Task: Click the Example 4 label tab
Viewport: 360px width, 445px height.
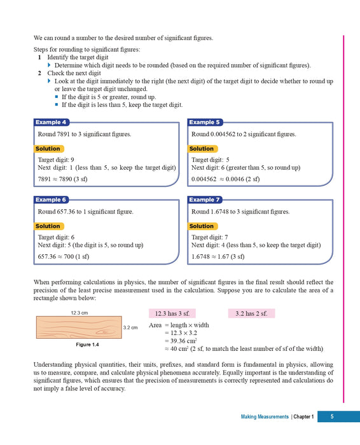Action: [52, 123]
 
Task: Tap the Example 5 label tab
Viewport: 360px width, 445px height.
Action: [205, 123]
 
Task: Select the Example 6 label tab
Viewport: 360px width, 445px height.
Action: [52, 200]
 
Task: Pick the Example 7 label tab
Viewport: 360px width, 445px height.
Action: [205, 200]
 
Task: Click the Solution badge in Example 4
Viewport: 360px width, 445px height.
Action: [48, 149]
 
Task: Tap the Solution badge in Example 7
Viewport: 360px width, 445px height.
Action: [202, 226]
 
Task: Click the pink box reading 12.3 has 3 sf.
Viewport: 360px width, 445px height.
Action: [172, 313]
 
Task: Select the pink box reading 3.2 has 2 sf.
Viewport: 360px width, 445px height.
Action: [251, 313]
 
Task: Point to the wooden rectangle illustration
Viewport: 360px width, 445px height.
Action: [79, 328]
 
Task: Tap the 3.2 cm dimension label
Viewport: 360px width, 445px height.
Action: [130, 328]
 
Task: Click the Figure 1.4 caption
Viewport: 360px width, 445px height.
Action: [79, 344]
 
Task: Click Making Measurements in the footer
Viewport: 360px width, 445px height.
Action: [265, 416]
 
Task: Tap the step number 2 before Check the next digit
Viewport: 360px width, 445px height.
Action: [39, 74]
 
